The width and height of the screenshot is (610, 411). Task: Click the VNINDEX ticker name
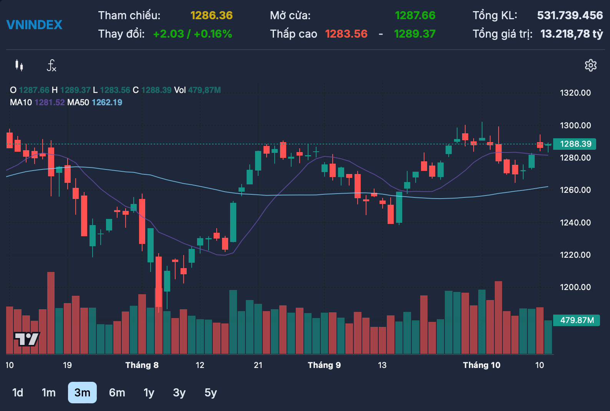coord(34,25)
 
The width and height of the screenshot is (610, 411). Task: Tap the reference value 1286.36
coord(211,15)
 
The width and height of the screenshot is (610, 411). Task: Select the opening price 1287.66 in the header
coord(415,15)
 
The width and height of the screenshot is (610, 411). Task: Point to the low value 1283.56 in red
coord(346,34)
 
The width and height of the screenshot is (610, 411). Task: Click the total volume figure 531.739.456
coord(570,15)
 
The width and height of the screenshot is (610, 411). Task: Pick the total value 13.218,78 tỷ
coord(571,34)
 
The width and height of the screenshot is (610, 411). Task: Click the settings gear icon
coord(590,65)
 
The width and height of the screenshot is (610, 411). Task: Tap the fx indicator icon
coord(51,66)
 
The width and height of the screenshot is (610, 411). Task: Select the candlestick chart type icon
coord(19,65)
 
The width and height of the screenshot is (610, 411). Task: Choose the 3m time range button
coord(82,393)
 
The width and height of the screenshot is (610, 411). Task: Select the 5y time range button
coord(211,393)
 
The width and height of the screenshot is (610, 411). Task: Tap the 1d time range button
coord(18,393)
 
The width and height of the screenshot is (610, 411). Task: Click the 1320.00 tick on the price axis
coord(575,93)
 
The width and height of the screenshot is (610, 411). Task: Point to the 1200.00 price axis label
coord(575,287)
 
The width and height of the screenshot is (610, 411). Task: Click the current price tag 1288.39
coord(575,144)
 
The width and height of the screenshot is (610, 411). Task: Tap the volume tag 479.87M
coord(577,320)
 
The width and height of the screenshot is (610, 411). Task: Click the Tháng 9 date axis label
coord(324,365)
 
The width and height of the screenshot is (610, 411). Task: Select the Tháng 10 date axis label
coord(481,365)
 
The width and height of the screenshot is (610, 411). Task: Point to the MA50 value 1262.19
coord(107,103)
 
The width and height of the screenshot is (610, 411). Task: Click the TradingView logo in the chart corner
coord(27,339)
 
